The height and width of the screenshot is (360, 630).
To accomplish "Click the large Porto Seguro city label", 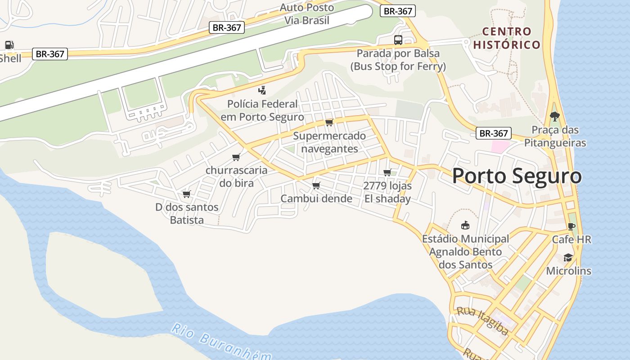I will point(517,176).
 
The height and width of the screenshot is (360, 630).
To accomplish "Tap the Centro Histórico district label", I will point(507,38).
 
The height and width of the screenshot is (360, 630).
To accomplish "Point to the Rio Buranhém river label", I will point(220,343).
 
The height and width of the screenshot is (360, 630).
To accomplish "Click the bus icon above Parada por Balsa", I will point(398,40).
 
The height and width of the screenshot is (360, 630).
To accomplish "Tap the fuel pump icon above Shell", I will point(9,45).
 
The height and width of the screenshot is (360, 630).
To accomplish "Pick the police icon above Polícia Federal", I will point(262,90).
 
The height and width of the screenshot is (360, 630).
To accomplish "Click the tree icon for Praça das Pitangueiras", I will point(555,117).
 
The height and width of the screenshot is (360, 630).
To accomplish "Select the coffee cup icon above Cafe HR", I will point(571,226).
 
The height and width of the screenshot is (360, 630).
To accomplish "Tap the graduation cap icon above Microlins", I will point(568,258).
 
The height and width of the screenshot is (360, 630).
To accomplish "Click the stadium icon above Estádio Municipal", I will point(465,225).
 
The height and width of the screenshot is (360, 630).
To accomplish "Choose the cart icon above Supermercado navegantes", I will point(329,122).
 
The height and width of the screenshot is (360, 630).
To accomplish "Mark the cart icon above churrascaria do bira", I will point(236,157).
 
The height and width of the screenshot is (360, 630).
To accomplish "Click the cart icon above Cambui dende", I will point(316,185).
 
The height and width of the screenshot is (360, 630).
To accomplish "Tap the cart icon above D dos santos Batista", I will point(186,194).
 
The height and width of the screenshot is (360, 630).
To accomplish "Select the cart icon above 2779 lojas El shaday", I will point(387,172).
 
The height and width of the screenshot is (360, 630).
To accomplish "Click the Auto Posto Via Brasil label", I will point(307,14).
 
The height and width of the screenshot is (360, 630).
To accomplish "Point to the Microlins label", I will point(568,271).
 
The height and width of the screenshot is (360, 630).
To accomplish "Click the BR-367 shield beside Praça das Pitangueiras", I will point(494,133).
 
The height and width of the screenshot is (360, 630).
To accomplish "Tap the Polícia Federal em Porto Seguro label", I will point(262,110).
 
